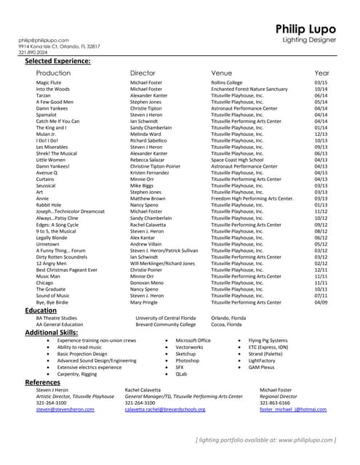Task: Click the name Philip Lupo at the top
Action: pyautogui.click(x=306, y=28)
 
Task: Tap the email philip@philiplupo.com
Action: pyautogui.click(x=44, y=40)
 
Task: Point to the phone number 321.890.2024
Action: pyautogui.click(x=34, y=52)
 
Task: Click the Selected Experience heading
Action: pyautogui.click(x=57, y=61)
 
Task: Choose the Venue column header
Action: pyautogui.click(x=221, y=73)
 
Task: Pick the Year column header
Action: pyautogui.click(x=321, y=73)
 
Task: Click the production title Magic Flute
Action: pyautogui.click(x=49, y=84)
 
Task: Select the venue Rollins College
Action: pyautogui.click(x=227, y=84)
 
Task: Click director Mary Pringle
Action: pyautogui.click(x=148, y=302)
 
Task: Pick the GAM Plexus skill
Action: pyautogui.click(x=263, y=367)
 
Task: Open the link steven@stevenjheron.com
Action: pyautogui.click(x=65, y=409)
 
